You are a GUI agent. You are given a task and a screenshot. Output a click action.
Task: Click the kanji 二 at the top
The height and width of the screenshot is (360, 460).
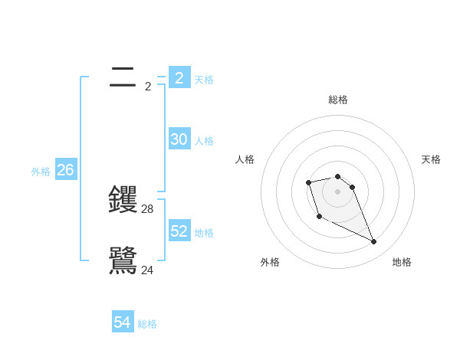123,77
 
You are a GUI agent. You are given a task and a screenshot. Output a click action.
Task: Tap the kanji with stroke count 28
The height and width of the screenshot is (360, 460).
123,200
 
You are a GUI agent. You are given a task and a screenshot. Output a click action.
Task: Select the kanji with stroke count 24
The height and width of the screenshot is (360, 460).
123,260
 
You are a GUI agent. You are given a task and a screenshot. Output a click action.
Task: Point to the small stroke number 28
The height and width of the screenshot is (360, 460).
148,209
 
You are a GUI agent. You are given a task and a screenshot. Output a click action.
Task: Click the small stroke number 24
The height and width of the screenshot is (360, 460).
148,270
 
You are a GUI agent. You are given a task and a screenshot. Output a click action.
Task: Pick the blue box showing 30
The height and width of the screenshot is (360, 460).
179,139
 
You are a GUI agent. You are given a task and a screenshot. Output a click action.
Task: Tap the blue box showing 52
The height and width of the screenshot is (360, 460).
179,231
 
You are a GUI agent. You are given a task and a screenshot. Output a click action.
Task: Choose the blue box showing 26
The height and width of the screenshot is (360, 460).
65,170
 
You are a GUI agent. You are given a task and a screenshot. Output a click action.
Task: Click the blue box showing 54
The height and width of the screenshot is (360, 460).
123,322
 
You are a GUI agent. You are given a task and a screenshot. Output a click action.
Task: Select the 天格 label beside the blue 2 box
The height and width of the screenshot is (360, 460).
204,79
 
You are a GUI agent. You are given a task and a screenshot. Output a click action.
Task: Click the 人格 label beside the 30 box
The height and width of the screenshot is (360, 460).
204,141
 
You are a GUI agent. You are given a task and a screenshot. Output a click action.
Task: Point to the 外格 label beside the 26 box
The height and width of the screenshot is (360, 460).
41,172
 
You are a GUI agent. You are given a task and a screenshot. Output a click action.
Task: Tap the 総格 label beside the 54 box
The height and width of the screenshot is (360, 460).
147,324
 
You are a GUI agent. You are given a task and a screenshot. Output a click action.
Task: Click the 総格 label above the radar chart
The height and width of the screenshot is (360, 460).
338,100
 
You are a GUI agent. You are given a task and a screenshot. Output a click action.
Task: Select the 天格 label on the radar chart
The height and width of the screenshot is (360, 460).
431,159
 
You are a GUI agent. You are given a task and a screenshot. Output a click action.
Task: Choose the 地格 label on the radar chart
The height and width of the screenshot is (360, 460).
402,262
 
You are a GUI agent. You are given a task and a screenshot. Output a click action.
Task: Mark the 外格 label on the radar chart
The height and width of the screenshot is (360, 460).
270,262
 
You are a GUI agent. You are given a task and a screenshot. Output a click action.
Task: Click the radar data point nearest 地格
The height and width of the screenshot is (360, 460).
374,242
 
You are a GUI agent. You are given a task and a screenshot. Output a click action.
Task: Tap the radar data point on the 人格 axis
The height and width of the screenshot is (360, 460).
308,182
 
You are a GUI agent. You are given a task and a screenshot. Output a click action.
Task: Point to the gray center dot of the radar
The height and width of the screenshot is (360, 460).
338,191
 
